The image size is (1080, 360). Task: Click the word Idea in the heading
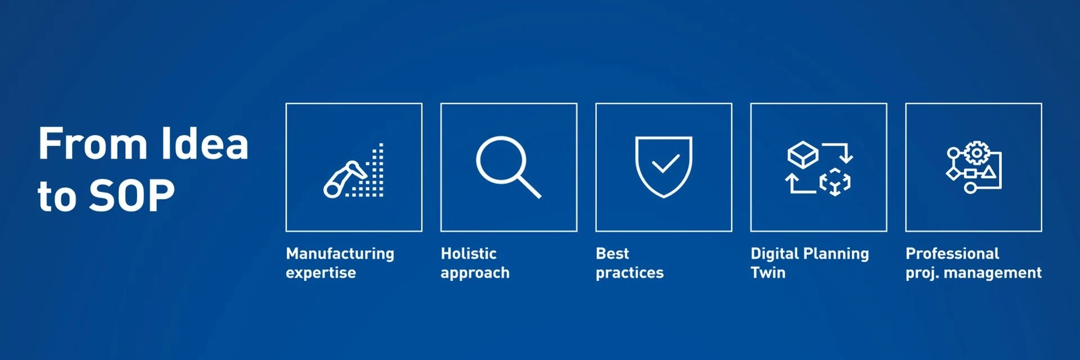click(205, 143)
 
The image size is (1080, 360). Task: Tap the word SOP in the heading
click(132, 196)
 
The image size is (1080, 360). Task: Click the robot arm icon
click(345, 179)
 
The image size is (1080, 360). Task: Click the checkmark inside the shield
click(665, 164)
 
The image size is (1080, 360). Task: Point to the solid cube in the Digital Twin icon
click(803, 154)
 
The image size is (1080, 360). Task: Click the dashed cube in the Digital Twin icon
click(835, 182)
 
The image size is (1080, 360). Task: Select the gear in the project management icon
click(977, 153)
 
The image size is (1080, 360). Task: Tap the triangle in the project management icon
click(988, 172)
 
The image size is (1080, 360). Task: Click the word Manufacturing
click(340, 254)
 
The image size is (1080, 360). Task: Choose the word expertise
click(321, 273)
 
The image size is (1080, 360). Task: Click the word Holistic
click(469, 254)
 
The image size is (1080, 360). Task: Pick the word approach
click(475, 273)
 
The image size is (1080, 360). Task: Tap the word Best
click(612, 254)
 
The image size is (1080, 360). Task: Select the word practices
click(629, 273)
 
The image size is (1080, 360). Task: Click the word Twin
click(768, 273)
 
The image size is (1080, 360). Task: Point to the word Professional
click(952, 254)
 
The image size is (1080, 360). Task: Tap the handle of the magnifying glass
click(529, 187)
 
